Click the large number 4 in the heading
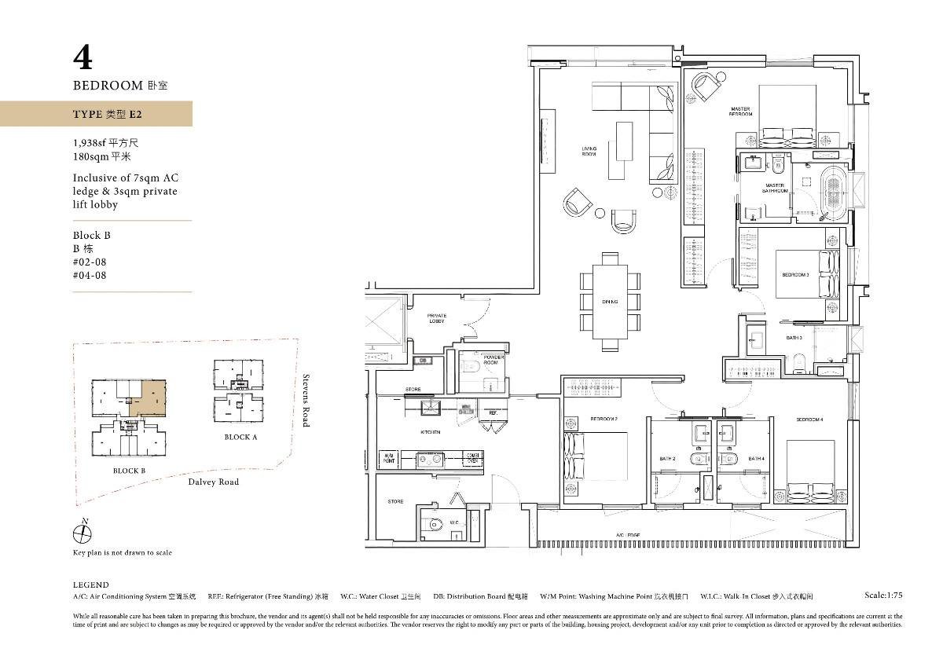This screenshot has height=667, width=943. tap(83, 58)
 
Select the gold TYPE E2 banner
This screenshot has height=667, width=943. tap(96, 114)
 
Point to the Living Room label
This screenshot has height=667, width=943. tap(589, 151)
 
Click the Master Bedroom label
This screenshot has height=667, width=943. tap(739, 112)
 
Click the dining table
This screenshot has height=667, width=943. tap(610, 302)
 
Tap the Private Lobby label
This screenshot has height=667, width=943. tap(437, 318)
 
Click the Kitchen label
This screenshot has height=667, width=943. tap(430, 432)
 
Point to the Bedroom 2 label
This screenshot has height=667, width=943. tap(604, 419)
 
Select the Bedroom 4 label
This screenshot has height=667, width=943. tap(809, 420)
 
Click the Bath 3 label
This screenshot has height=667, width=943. tap(794, 338)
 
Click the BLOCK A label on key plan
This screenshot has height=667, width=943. tap(240, 437)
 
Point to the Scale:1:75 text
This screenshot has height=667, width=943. tap(882, 596)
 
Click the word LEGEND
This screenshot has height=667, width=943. tap(90, 585)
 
